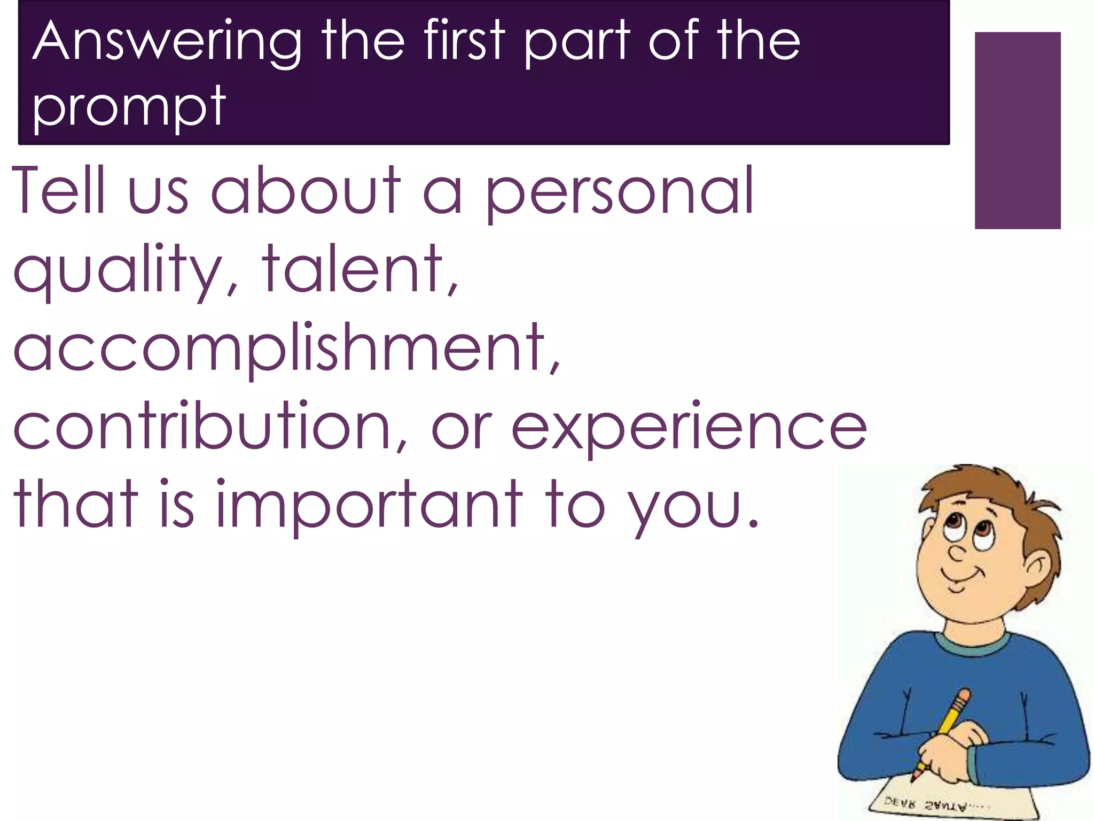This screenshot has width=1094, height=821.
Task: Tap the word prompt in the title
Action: [129, 106]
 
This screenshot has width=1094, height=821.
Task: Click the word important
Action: [369, 505]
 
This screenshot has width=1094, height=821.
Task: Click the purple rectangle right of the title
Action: [1017, 130]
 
